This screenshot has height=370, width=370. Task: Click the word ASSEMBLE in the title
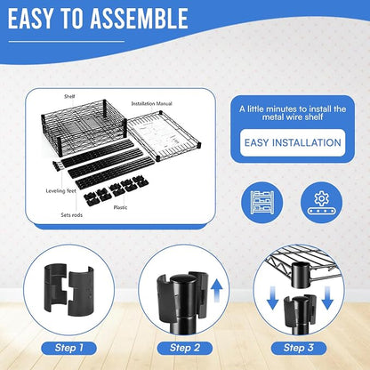coord(139,19)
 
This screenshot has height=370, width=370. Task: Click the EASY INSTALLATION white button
coord(293,142)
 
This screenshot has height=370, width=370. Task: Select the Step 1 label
coord(68,348)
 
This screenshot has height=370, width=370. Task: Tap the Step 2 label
coord(184,348)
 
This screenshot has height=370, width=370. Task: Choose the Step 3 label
coord(299,348)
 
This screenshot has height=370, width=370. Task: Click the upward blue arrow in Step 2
coord(217,292)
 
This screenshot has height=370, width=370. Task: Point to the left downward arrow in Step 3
coord(272,298)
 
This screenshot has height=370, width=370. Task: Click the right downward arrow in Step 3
coord(327,298)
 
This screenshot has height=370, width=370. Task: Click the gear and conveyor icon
coord(321,203)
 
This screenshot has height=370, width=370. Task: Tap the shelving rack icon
coord(262,203)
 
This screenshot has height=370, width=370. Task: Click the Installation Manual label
coord(151,103)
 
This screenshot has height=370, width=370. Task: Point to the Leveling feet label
coord(60,191)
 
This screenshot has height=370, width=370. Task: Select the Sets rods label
coord(71,215)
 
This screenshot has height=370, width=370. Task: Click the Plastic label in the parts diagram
coord(120,207)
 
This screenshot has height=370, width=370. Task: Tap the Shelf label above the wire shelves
coord(69,96)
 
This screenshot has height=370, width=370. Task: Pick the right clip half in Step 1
coord(80,291)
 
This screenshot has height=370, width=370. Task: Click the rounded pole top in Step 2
coord(181,280)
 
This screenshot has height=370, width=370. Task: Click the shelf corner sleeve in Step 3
coord(301,275)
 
